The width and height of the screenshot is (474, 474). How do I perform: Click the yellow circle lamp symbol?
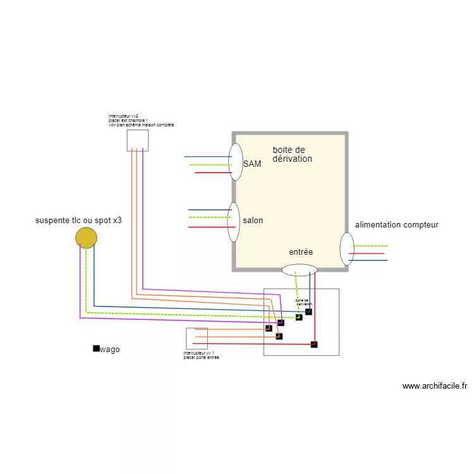tap(87, 238)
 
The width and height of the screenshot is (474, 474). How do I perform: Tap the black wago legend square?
tap(96, 348)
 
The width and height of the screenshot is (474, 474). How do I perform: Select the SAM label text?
tap(252, 164)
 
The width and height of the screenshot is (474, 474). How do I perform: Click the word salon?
tap(253, 221)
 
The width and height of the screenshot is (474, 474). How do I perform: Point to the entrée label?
tap(301, 252)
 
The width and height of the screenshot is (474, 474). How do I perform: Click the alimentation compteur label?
tap(396, 225)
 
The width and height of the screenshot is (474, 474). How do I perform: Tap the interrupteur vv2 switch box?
tap(138, 140)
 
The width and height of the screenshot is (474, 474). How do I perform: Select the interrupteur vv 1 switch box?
tap(197, 339)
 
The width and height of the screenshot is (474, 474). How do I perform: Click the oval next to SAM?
tap(236, 162)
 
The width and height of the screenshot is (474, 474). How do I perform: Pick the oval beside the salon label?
tap(233, 222)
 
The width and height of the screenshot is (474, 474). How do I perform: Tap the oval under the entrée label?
tap(299, 270)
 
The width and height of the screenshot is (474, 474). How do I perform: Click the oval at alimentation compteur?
tap(346, 249)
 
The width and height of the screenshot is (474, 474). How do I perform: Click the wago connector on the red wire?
tap(314, 344)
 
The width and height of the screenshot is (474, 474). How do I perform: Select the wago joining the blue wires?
tap(308, 312)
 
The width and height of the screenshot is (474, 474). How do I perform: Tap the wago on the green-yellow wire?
tap(299, 317)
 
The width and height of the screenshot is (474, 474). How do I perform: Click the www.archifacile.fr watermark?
tap(435, 386)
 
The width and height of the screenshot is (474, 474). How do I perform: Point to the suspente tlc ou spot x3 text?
tap(78, 221)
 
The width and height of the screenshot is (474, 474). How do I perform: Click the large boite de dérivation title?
tap(292, 154)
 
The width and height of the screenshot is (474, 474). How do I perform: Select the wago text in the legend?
tap(110, 349)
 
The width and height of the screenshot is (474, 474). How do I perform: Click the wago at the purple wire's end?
tap(281, 323)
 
